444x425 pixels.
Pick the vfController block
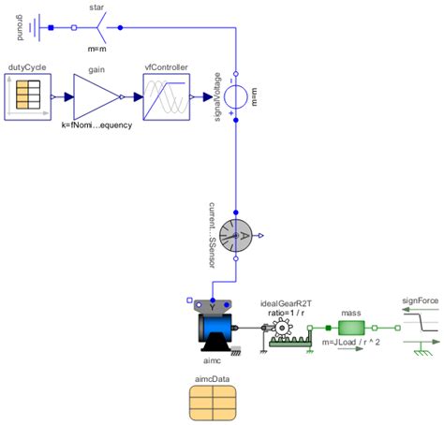[167, 96]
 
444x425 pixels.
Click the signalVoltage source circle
[237, 96]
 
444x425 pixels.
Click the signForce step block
[419, 328]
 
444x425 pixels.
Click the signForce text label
[419, 301]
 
